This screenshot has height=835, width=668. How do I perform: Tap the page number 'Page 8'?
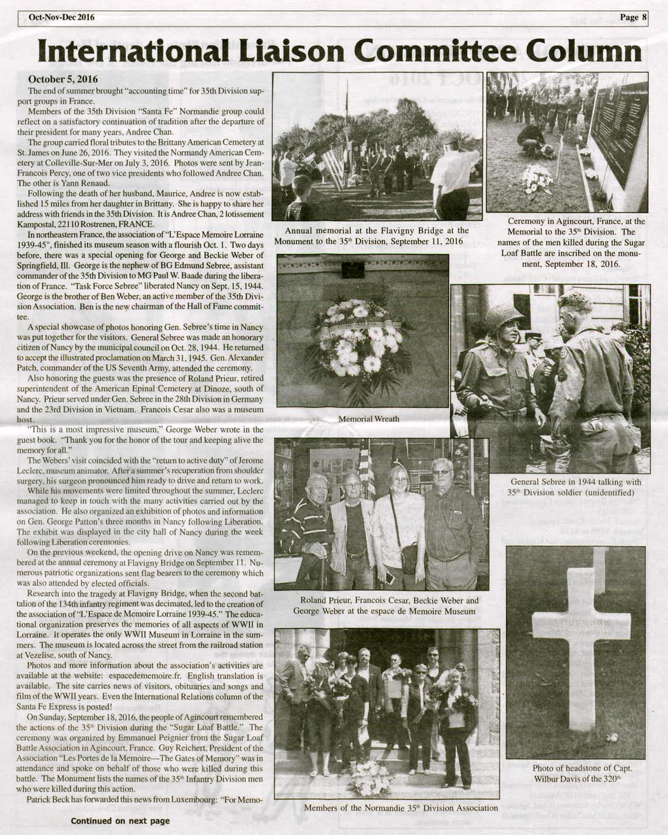[632, 17]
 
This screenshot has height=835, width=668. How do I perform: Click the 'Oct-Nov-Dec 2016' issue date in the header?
[61, 17]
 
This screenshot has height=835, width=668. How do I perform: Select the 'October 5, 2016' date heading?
[63, 79]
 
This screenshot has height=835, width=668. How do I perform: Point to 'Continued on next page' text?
[120, 821]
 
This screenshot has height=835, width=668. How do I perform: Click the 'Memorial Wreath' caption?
[369, 419]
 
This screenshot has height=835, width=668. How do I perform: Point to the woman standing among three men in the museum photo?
[399, 521]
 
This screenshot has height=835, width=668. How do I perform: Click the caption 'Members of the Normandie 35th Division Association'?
[401, 808]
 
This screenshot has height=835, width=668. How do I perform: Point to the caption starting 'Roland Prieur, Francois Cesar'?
[389, 600]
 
